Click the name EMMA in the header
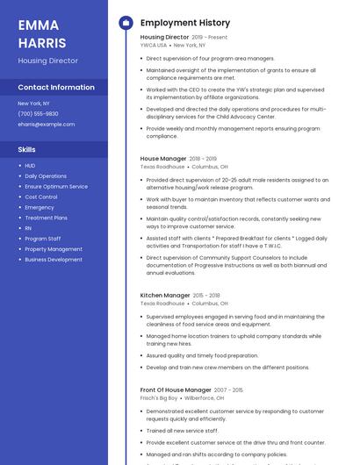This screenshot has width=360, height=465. (37, 25)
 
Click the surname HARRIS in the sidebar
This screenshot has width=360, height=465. (41, 42)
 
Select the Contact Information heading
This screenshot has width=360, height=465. (56, 88)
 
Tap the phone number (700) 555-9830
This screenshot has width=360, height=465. (38, 114)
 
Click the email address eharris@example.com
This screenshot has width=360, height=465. (46, 125)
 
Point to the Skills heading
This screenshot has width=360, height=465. (27, 149)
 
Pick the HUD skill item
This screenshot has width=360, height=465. (30, 165)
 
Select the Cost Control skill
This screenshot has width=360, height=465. (41, 197)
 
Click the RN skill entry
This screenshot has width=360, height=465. (28, 228)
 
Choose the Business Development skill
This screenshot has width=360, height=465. (54, 260)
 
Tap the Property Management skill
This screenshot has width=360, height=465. (54, 249)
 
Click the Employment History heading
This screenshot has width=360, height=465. (185, 23)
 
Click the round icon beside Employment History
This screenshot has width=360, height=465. (126, 23)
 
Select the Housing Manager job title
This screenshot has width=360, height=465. (163, 159)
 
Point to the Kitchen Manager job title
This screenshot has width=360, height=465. (165, 296)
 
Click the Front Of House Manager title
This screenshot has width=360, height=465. (176, 390)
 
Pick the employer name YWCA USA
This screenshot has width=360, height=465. (154, 45)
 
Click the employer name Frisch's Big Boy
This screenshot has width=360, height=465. (160, 397)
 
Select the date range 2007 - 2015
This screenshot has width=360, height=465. (228, 390)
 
